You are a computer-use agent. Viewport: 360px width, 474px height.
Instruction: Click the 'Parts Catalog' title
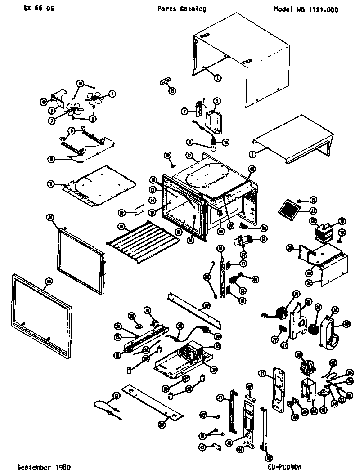182,9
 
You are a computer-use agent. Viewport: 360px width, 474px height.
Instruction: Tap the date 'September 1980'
44,467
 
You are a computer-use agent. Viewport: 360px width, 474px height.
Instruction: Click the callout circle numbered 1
217,78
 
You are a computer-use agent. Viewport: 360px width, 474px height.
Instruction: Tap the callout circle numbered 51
262,373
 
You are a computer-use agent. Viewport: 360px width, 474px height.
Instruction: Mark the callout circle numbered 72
321,283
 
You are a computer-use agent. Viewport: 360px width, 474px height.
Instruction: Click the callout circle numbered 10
52,159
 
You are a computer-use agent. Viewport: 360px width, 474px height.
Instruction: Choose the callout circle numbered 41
220,398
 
